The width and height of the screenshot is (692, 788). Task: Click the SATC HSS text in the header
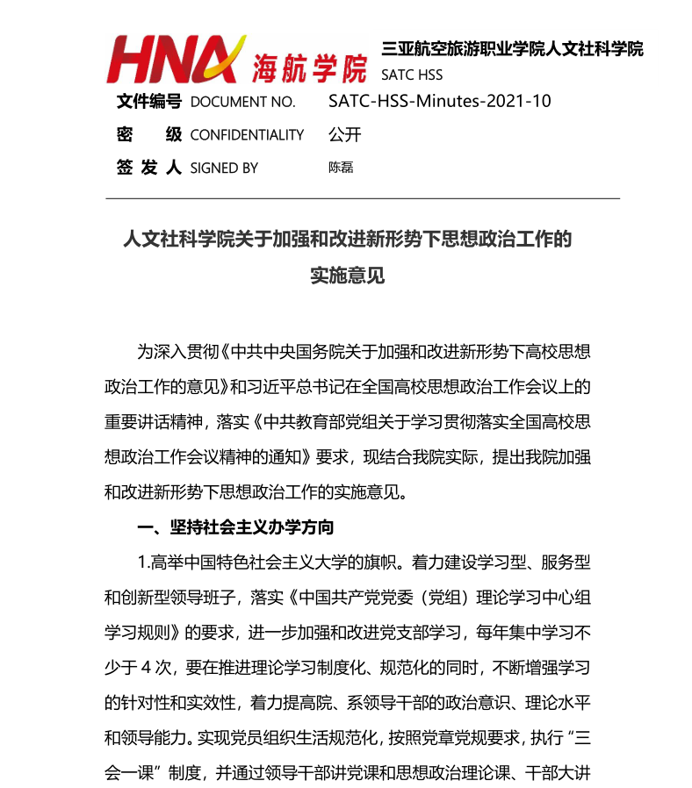(x=411, y=75)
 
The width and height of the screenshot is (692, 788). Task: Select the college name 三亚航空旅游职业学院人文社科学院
(x=512, y=49)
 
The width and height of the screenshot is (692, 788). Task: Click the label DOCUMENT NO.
(x=242, y=103)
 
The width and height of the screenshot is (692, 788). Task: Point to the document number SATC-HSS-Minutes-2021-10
(x=439, y=101)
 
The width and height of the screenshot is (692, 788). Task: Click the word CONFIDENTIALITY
(x=247, y=135)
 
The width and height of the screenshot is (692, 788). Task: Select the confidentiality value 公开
(x=344, y=134)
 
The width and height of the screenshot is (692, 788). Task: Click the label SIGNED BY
(x=224, y=168)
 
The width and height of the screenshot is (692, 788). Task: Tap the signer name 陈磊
(x=341, y=167)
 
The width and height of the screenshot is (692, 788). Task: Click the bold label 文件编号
(x=148, y=102)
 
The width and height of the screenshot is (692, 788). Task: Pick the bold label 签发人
(x=148, y=167)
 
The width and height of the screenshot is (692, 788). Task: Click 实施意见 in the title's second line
(x=347, y=276)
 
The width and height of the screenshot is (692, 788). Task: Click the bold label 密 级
(x=148, y=134)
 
